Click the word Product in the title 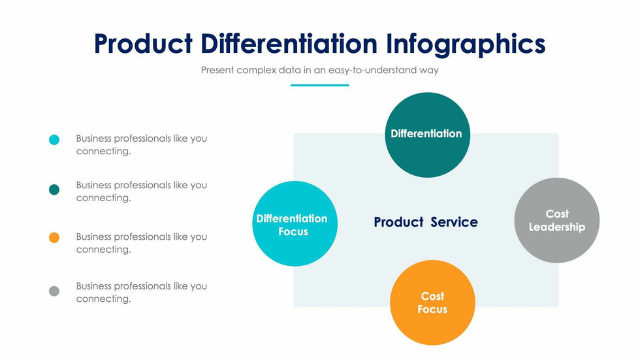tap(143, 43)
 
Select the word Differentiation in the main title tap(289, 43)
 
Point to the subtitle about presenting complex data tap(319, 70)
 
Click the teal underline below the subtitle tap(319, 86)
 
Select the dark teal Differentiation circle tap(427, 135)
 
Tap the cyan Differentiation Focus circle tap(295, 223)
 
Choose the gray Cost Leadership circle tap(556, 220)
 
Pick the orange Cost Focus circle tap(432, 303)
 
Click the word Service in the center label tap(454, 222)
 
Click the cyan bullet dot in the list tap(54, 140)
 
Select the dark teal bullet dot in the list tap(54, 189)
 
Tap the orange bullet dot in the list tap(54, 238)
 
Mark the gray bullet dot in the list tap(54, 291)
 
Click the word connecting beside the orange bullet tap(103, 250)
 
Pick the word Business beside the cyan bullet tap(93, 139)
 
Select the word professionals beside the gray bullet tap(142, 287)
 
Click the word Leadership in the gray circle tap(556, 227)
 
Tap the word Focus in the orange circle tap(432, 310)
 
